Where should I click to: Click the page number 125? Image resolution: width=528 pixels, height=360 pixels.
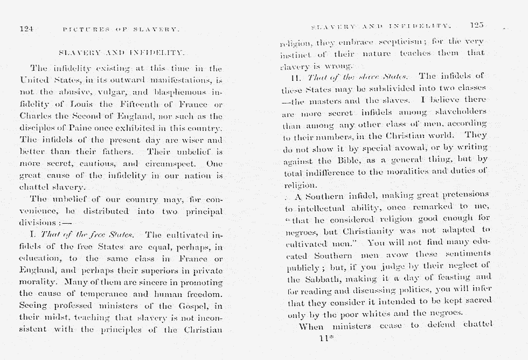pos(477,25)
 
